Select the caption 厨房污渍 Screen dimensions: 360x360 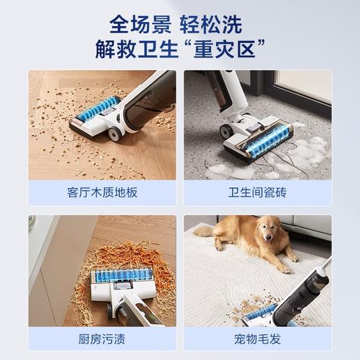point(102,340)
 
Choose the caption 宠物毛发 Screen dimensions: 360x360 point(258,340)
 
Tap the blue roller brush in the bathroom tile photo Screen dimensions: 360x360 point(266,141)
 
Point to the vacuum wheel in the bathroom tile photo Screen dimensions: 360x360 point(226,130)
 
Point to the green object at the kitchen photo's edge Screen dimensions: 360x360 point(33,222)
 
